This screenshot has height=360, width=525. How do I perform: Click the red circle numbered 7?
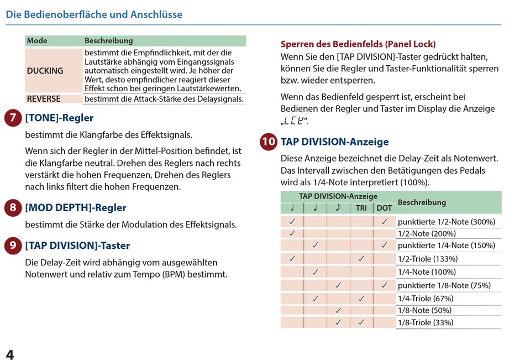[13, 118]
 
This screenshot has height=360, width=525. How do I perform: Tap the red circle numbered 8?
[13, 208]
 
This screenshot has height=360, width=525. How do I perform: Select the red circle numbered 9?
[13, 246]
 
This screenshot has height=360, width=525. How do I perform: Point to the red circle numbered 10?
[269, 142]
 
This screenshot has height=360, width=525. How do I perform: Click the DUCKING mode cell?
[45, 71]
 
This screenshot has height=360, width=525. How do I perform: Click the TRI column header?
[361, 208]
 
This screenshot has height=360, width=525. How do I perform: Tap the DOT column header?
[384, 208]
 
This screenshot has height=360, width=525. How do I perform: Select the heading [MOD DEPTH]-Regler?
[76, 208]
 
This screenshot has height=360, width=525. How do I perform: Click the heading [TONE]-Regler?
[59, 118]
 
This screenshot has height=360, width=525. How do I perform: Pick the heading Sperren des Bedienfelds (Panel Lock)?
[358, 44]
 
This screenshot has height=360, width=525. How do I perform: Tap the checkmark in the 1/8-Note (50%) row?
[338, 311]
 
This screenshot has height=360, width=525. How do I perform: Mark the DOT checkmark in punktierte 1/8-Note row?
[384, 285]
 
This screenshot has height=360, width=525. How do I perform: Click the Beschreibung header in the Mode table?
[109, 41]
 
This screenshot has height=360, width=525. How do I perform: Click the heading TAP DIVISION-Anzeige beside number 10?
[334, 142]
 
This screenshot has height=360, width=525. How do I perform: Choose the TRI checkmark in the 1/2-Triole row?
[361, 258]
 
